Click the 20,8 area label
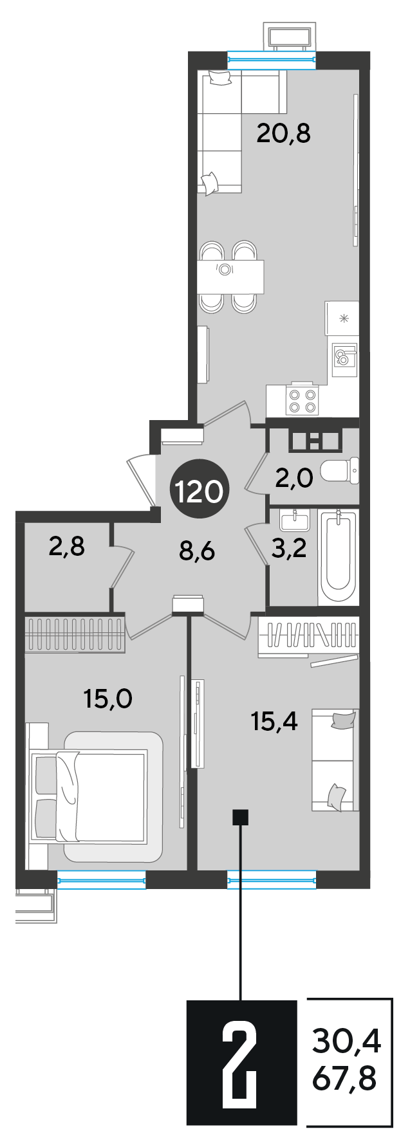tap(283, 134)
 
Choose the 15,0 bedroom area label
tap(108, 698)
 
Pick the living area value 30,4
tap(346, 1040)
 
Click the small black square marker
tap(241, 818)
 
